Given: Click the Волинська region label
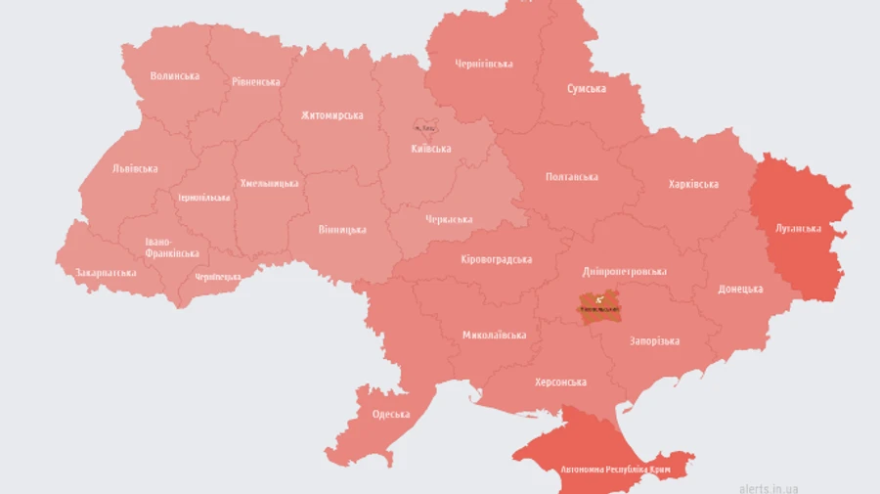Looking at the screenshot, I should (x=175, y=76).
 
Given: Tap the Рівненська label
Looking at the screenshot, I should (x=255, y=82).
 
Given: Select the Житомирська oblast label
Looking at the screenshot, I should (x=331, y=115).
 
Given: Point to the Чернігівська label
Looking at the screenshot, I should (x=484, y=65).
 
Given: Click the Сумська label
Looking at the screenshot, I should (x=586, y=89).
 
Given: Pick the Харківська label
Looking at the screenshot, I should (x=693, y=184).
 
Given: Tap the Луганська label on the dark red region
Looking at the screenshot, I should (x=797, y=228).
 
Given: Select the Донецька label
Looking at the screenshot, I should (x=740, y=290).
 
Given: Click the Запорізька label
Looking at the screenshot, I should (x=654, y=341).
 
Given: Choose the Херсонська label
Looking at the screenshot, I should (x=560, y=382).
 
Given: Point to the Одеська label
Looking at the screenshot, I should (x=391, y=414).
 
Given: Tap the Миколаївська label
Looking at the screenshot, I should (x=494, y=335).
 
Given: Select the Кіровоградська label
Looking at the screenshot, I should (x=496, y=259).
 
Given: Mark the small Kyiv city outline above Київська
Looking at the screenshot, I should (x=424, y=127).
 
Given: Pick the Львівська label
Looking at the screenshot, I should (x=135, y=168).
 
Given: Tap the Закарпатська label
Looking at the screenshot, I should (x=106, y=272).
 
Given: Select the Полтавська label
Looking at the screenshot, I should (x=572, y=177).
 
